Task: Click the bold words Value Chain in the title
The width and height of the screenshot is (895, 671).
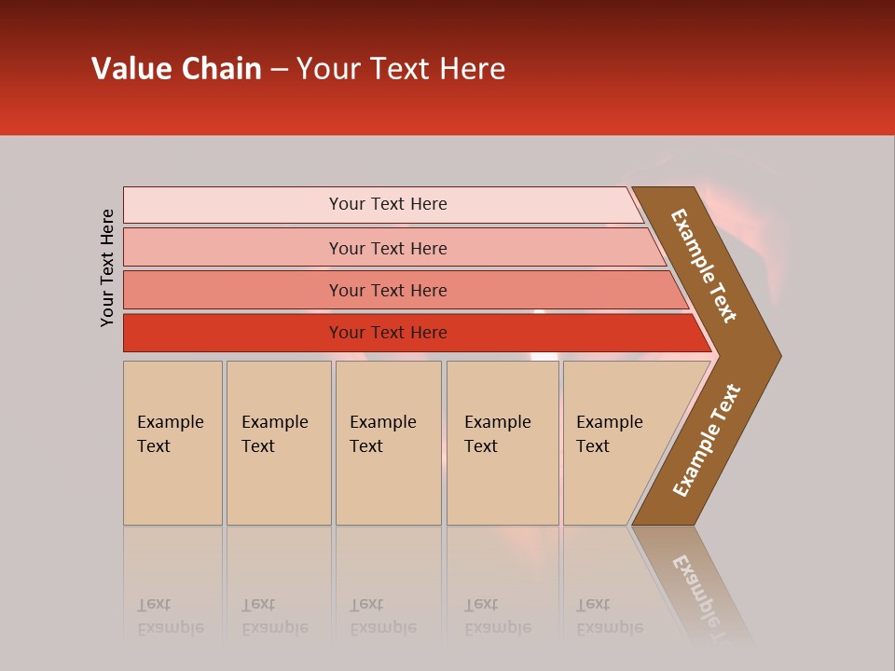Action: point(176,69)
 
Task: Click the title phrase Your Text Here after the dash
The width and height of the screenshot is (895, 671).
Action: point(401,69)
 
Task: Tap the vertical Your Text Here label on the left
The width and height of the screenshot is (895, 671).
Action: point(107,267)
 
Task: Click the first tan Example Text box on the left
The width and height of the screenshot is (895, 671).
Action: point(172,443)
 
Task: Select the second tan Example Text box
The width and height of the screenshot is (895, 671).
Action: point(279,443)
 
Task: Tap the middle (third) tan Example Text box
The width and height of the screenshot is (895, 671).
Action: point(388,443)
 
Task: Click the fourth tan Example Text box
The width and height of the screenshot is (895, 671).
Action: point(503,443)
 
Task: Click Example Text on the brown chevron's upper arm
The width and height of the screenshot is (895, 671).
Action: point(704,266)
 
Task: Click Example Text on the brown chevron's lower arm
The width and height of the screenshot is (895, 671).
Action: point(707,440)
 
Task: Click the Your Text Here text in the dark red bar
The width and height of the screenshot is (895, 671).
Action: point(388,333)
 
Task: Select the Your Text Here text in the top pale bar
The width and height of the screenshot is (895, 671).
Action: point(388,204)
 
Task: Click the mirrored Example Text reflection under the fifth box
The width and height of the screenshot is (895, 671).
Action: point(609,617)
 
